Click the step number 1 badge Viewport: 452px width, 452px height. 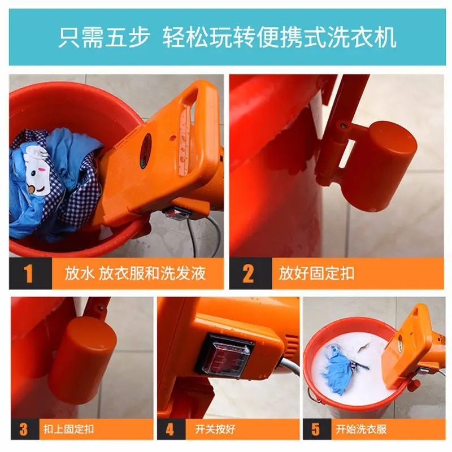[29, 273]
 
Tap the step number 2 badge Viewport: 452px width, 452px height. [249, 273]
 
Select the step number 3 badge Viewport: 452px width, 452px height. [24, 429]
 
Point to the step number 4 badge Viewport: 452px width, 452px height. [170, 429]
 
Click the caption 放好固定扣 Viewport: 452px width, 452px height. [316, 274]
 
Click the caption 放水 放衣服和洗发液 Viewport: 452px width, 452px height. [136, 274]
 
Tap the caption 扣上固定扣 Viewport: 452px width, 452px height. [69, 429]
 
